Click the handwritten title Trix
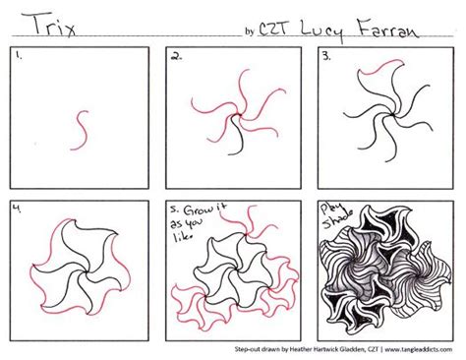click(x=43, y=21)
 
